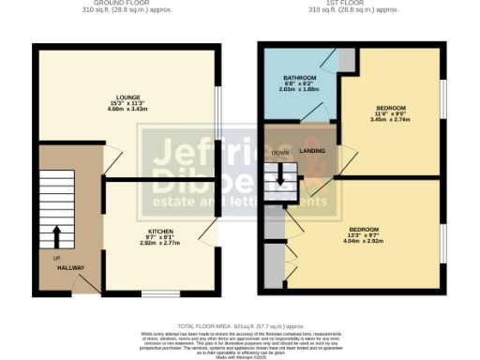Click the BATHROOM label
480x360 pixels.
tap(302, 78)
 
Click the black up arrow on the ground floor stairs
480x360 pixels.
tap(56, 234)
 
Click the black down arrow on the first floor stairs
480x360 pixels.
tap(279, 176)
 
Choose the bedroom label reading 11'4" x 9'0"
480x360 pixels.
tap(386, 112)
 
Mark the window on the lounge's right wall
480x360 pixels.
tap(217, 113)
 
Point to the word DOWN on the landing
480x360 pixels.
tap(279, 152)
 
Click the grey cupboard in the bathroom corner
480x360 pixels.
tap(348, 59)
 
